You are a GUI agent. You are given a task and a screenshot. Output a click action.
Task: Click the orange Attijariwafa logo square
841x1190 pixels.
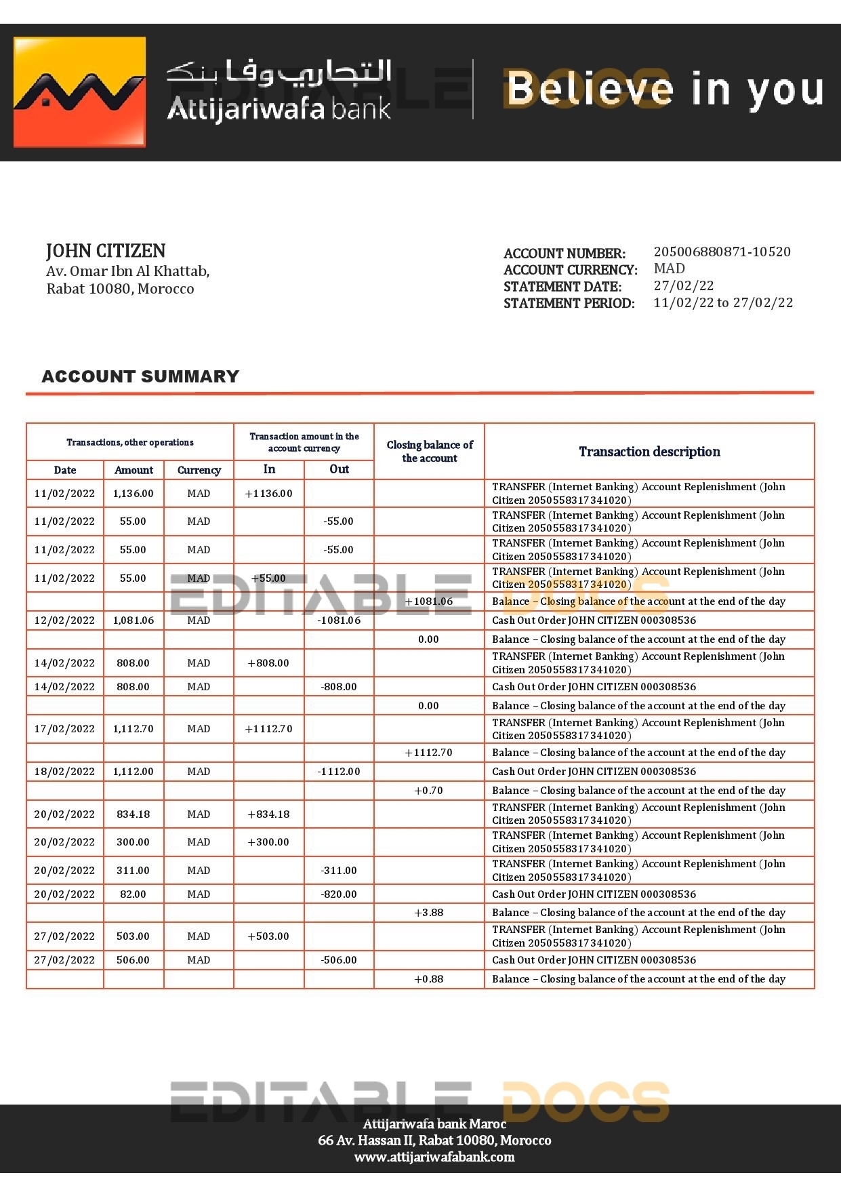click(x=79, y=92)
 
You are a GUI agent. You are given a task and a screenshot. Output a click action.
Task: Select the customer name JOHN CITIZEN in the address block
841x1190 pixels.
click(x=106, y=251)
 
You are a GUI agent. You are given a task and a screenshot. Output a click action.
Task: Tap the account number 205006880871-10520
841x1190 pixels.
click(x=722, y=252)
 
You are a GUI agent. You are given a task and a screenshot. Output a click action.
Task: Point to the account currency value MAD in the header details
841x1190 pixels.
click(x=669, y=269)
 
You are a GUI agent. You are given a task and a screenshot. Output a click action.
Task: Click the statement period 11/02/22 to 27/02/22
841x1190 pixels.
click(x=722, y=302)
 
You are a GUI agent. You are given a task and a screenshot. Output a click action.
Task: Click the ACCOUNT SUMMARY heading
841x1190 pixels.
click(x=140, y=376)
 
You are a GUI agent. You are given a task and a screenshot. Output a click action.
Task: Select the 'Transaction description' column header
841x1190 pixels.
click(x=649, y=452)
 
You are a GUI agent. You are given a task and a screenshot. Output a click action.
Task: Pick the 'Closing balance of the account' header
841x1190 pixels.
click(x=429, y=452)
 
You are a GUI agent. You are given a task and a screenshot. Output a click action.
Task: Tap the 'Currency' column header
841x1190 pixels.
click(x=199, y=470)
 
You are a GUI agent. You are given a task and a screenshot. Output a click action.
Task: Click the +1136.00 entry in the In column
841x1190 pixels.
click(x=268, y=494)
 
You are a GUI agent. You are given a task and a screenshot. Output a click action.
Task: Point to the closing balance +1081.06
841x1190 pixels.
click(x=428, y=601)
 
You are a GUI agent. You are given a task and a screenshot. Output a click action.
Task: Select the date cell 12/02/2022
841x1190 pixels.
click(x=64, y=620)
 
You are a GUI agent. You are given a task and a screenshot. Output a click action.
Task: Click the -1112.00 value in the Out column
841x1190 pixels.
click(x=339, y=772)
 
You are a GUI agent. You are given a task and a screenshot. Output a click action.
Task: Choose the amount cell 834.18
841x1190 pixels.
click(x=133, y=814)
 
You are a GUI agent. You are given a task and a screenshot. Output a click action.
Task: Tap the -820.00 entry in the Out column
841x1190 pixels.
click(x=339, y=894)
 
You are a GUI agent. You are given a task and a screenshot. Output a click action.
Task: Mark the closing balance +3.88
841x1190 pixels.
click(x=428, y=913)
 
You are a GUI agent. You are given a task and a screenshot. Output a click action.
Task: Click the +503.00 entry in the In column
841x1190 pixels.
click(x=268, y=936)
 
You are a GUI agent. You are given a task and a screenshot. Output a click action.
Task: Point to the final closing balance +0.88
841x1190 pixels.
click(x=428, y=979)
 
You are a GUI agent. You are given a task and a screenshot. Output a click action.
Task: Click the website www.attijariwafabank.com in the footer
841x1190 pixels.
click(x=434, y=1157)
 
